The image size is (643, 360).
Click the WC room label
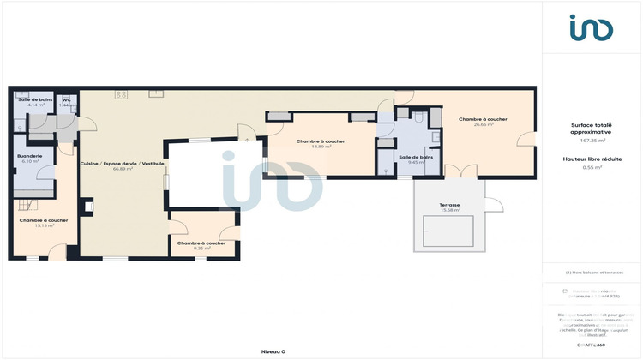(x=66, y=99)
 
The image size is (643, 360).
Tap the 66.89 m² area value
(x=122, y=169)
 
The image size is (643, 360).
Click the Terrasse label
(x=449, y=205)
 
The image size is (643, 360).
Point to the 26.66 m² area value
(x=483, y=125)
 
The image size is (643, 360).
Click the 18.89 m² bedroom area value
(x=321, y=147)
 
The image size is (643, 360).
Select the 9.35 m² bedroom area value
(x=201, y=249)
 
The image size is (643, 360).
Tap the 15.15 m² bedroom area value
(x=44, y=226)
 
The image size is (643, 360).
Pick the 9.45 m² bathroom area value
(x=415, y=162)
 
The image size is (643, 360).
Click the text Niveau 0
(x=273, y=351)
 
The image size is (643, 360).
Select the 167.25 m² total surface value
(x=591, y=141)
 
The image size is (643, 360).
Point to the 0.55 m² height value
(x=591, y=166)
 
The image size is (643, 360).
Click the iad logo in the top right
(x=592, y=29)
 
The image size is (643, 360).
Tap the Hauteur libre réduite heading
(x=591, y=159)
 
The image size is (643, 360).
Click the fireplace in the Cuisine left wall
(x=87, y=207)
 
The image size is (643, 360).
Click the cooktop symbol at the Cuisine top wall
(x=121, y=93)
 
